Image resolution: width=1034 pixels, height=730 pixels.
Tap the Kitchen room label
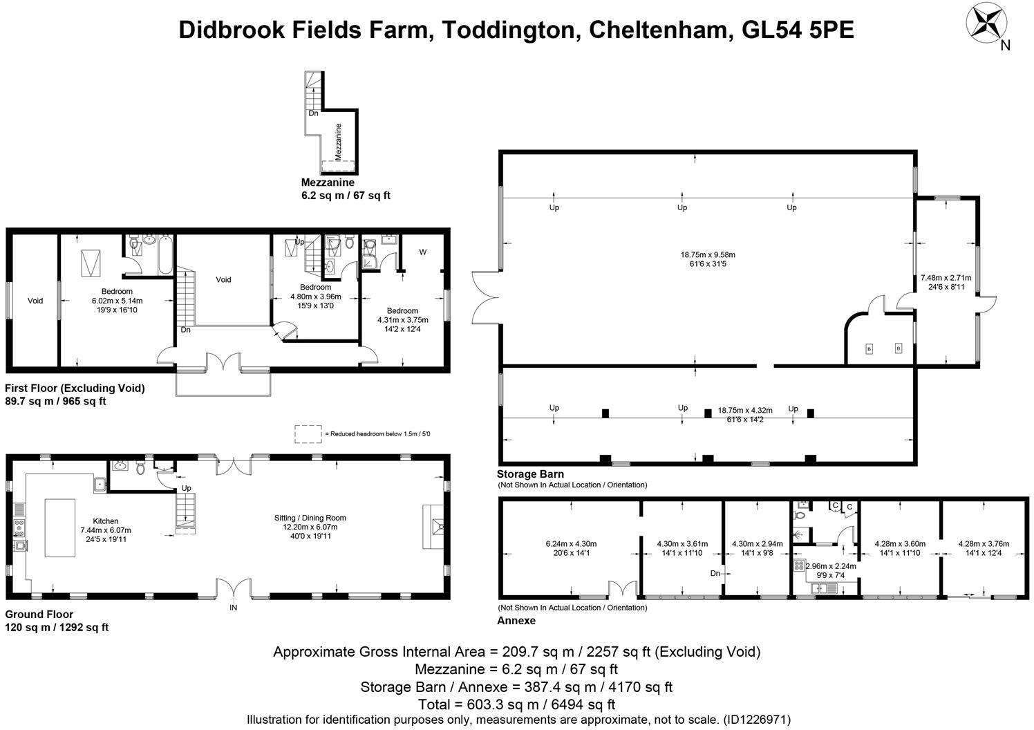coord(106,521)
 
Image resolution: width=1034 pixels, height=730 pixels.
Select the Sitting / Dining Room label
coord(310,518)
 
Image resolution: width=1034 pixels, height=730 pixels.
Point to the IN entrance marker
coord(234,608)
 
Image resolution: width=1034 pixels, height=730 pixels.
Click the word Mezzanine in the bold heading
coord(328,182)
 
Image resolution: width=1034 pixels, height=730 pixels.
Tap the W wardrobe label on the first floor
coord(422,252)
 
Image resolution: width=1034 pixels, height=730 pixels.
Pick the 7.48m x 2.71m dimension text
coord(946,278)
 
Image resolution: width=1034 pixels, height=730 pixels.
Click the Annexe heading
coord(516,621)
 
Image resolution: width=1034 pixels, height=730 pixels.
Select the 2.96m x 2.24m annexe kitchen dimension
coord(830,566)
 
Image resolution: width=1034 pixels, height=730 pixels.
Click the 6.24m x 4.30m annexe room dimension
coord(571,543)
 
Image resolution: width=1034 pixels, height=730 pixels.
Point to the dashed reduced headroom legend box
coord(308,433)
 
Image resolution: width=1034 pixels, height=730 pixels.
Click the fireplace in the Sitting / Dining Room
coord(433,527)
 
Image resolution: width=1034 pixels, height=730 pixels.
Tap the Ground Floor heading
coord(39,614)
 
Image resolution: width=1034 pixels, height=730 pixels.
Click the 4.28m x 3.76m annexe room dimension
coord(984,543)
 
